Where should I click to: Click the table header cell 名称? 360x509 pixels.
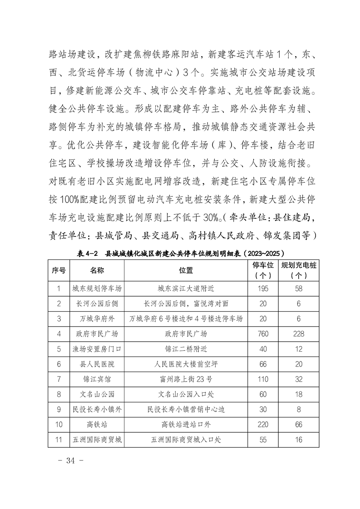pyautogui.click(x=97, y=270)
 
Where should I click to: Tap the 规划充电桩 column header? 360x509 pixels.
pyautogui.click(x=298, y=270)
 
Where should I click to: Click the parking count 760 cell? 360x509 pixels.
pyautogui.click(x=263, y=334)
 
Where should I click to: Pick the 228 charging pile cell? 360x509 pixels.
pyautogui.click(x=298, y=334)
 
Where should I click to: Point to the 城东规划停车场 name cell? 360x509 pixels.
pyautogui.click(x=97, y=289)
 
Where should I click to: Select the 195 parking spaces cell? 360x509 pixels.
pyautogui.click(x=263, y=289)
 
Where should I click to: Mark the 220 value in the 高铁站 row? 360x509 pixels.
pyautogui.click(x=263, y=425)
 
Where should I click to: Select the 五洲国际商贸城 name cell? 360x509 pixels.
pyautogui.click(x=97, y=440)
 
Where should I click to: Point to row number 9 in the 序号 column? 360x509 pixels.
pyautogui.click(x=59, y=410)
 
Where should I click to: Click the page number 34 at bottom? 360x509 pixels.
pyautogui.click(x=70, y=461)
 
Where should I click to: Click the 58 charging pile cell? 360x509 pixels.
pyautogui.click(x=298, y=289)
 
